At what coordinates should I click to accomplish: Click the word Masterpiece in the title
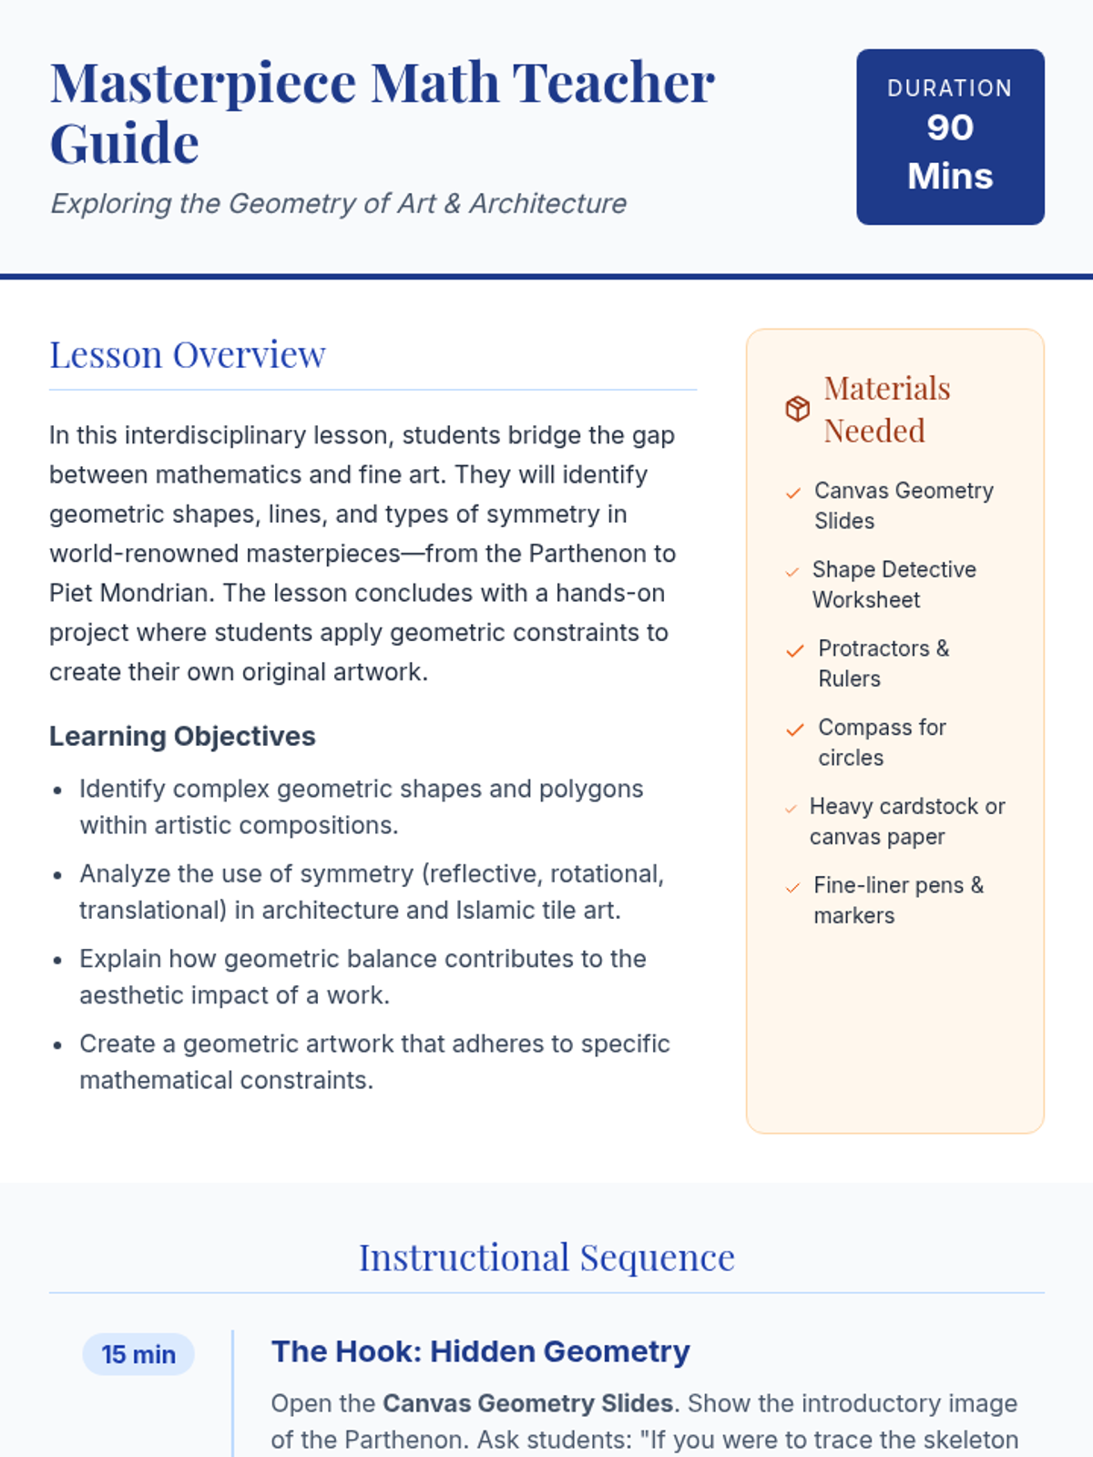click(x=203, y=84)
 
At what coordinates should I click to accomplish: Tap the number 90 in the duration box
click(x=950, y=127)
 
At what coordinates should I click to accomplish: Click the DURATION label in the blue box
click(x=950, y=88)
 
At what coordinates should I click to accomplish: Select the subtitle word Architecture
click(x=547, y=203)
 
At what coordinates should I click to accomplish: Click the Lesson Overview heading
click(x=188, y=354)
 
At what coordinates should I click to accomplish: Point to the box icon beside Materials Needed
click(x=798, y=409)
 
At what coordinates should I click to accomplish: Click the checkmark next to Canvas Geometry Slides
click(x=793, y=493)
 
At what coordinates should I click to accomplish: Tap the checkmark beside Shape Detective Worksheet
click(x=792, y=572)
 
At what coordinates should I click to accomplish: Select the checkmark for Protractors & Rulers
click(x=795, y=650)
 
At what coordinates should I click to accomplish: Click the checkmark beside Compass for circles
click(x=795, y=729)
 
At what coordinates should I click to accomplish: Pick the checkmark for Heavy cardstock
click(x=791, y=808)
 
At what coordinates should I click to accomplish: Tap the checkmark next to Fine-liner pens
click(x=792, y=887)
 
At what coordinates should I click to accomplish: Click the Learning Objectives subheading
click(x=182, y=736)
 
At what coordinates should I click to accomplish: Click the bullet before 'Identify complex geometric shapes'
click(x=57, y=790)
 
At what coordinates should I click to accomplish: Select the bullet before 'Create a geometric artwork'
click(x=57, y=1045)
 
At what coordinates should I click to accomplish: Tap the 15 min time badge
click(x=138, y=1354)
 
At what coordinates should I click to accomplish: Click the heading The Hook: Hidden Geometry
click(x=480, y=1351)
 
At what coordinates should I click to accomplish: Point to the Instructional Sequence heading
click(x=546, y=1258)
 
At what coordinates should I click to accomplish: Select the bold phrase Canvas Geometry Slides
click(x=527, y=1403)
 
